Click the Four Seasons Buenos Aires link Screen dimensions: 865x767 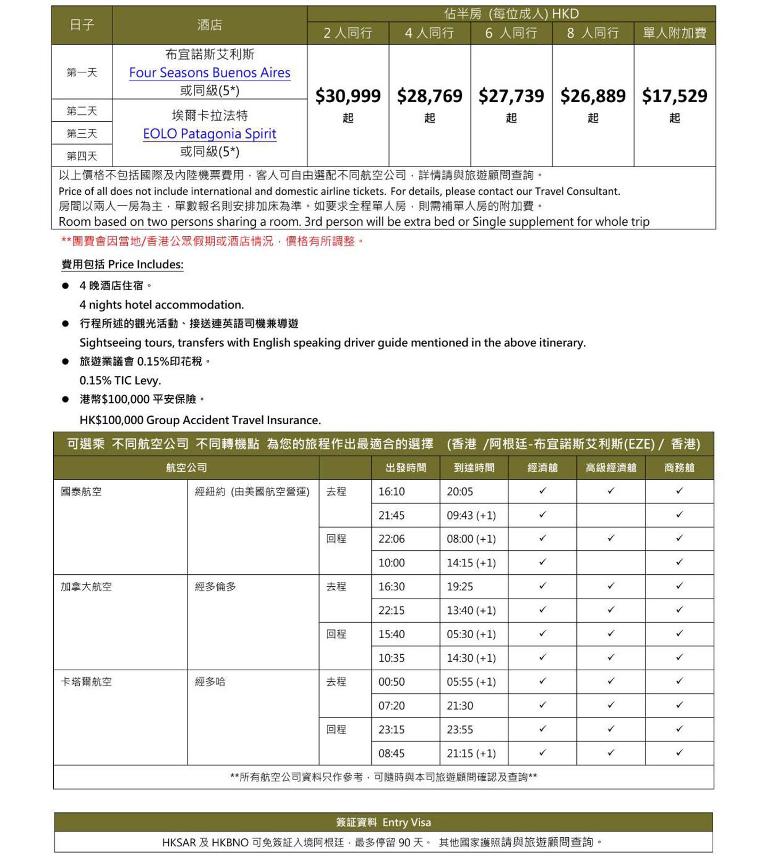pos(209,72)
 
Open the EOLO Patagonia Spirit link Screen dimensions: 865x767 pos(209,134)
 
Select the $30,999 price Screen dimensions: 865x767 pos(348,96)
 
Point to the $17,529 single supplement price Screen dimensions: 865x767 pos(674,96)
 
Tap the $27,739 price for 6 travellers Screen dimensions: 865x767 pos(511,96)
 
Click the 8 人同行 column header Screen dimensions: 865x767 pos(593,33)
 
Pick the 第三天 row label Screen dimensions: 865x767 pos(81,134)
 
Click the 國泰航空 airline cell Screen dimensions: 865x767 pos(81,491)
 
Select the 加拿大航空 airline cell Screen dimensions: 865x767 pos(86,587)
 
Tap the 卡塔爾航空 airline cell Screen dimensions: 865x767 pos(86,682)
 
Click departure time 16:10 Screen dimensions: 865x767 pos(391,491)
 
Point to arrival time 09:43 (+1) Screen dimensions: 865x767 pos(471,515)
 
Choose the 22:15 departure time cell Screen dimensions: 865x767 pos(391,611)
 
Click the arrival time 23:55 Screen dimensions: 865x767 pos(460,729)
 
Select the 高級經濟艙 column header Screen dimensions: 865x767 pos(610,468)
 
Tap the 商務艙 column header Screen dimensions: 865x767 pos(679,468)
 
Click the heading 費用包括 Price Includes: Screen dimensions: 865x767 pos(123,265)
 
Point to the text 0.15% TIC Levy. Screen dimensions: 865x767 pos(120,381)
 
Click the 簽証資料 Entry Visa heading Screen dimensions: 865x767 pos(383,822)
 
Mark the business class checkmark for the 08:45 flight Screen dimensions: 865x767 pos(679,753)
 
